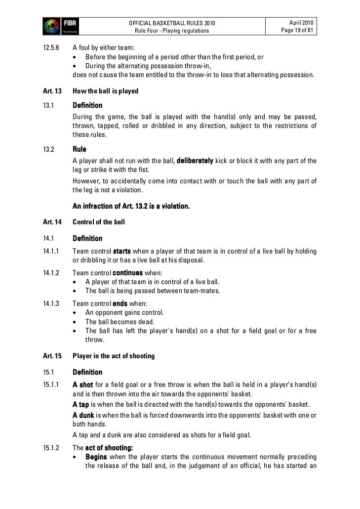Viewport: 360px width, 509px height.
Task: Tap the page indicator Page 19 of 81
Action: [x=295, y=31]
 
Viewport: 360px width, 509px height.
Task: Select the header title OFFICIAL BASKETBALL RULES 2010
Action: [x=172, y=23]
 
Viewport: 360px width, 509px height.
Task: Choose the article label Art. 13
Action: [x=52, y=91]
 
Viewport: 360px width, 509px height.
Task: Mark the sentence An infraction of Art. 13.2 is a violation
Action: [x=131, y=206]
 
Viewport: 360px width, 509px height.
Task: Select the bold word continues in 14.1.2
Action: [x=128, y=273]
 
